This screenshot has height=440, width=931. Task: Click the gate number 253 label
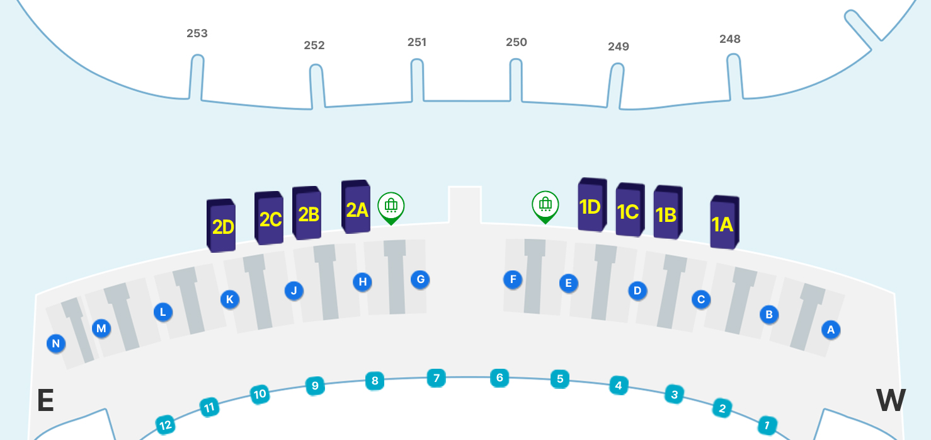[197, 33]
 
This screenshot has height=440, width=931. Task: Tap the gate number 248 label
[730, 39]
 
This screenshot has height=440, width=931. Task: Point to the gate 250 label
[517, 42]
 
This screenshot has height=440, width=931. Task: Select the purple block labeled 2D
[222, 226]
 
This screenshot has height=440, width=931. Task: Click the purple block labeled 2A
[357, 207]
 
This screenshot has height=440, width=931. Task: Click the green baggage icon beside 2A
[391, 206]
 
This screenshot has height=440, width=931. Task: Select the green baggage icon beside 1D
[545, 204]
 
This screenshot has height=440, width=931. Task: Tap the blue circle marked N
[56, 344]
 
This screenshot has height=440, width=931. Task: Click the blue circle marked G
[420, 279]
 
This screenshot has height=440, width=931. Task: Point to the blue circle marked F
[513, 279]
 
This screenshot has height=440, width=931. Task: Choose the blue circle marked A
[830, 329]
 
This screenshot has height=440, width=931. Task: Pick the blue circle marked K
[229, 299]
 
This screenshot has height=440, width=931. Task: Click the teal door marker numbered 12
[165, 425]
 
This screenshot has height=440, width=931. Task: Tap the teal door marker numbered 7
[436, 378]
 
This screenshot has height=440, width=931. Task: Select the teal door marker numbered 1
[767, 425]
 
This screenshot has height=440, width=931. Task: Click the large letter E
[45, 400]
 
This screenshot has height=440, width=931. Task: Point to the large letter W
[891, 400]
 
